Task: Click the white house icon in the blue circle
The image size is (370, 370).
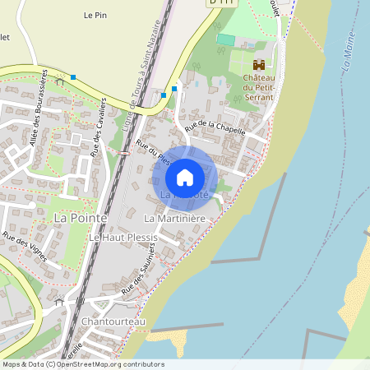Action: [x=185, y=177]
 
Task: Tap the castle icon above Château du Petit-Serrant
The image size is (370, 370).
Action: [x=259, y=64]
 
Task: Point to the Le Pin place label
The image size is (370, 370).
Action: [x=95, y=15]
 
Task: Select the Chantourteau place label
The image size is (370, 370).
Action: [x=113, y=321]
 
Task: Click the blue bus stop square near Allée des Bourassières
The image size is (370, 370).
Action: [x=73, y=77]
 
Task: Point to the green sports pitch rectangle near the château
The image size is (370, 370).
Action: [x=225, y=39]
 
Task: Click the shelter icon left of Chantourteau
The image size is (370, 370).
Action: [x=59, y=302]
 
